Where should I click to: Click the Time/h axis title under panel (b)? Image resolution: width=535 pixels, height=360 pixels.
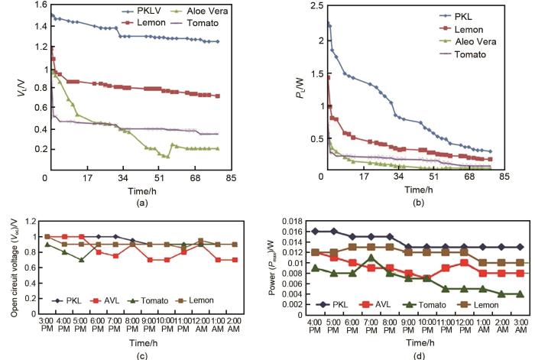tap(413, 189)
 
